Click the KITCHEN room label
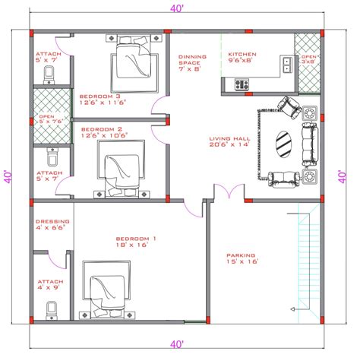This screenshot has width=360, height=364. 242,55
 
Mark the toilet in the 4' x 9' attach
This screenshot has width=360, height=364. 52,310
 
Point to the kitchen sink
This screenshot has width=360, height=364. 288,64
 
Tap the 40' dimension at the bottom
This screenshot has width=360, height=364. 176,346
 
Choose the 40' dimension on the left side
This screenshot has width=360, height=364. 7,176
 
